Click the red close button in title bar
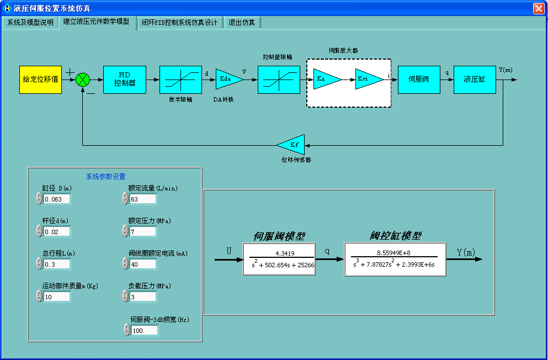[x=539, y=8]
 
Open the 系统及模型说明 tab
[x=30, y=23]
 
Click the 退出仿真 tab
[x=242, y=23]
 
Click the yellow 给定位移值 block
[x=40, y=80]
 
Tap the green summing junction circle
[x=83, y=80]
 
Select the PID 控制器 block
[x=125, y=80]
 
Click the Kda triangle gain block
[x=227, y=80]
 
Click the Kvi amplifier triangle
[x=366, y=80]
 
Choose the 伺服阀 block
[x=418, y=80]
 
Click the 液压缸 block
[x=475, y=80]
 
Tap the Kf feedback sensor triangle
[x=293, y=145]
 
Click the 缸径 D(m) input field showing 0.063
[x=57, y=199]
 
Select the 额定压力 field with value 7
[x=143, y=231]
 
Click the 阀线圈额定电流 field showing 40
[x=143, y=264]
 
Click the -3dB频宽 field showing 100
[x=145, y=330]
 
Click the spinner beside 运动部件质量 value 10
[x=39, y=297]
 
